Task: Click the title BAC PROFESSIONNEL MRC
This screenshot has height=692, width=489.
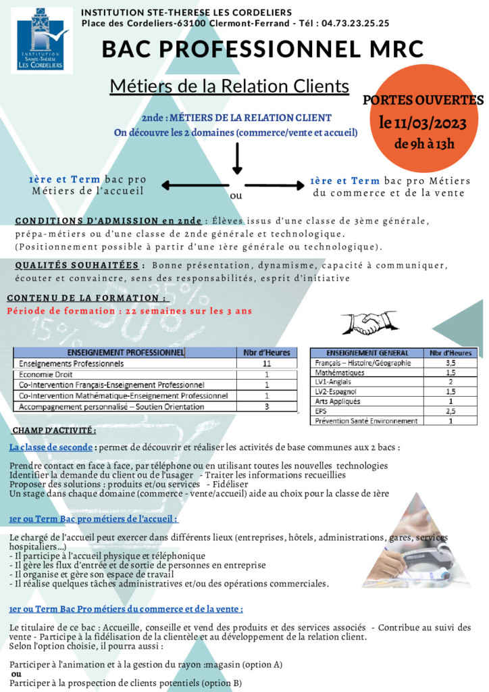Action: (263, 49)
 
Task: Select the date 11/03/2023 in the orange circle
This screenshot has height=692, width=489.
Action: (424, 123)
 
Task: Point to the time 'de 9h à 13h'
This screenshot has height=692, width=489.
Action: (424, 143)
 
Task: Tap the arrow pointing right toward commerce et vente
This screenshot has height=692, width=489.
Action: (274, 185)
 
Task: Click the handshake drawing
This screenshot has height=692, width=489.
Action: (368, 322)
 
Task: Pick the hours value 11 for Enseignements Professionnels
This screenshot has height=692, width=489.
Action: (267, 364)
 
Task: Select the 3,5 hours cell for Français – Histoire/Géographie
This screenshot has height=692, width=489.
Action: (451, 363)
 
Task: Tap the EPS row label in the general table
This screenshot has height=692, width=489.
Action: (321, 411)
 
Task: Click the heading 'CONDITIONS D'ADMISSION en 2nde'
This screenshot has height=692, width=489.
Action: (108, 220)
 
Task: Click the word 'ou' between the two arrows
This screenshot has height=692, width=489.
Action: (236, 196)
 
